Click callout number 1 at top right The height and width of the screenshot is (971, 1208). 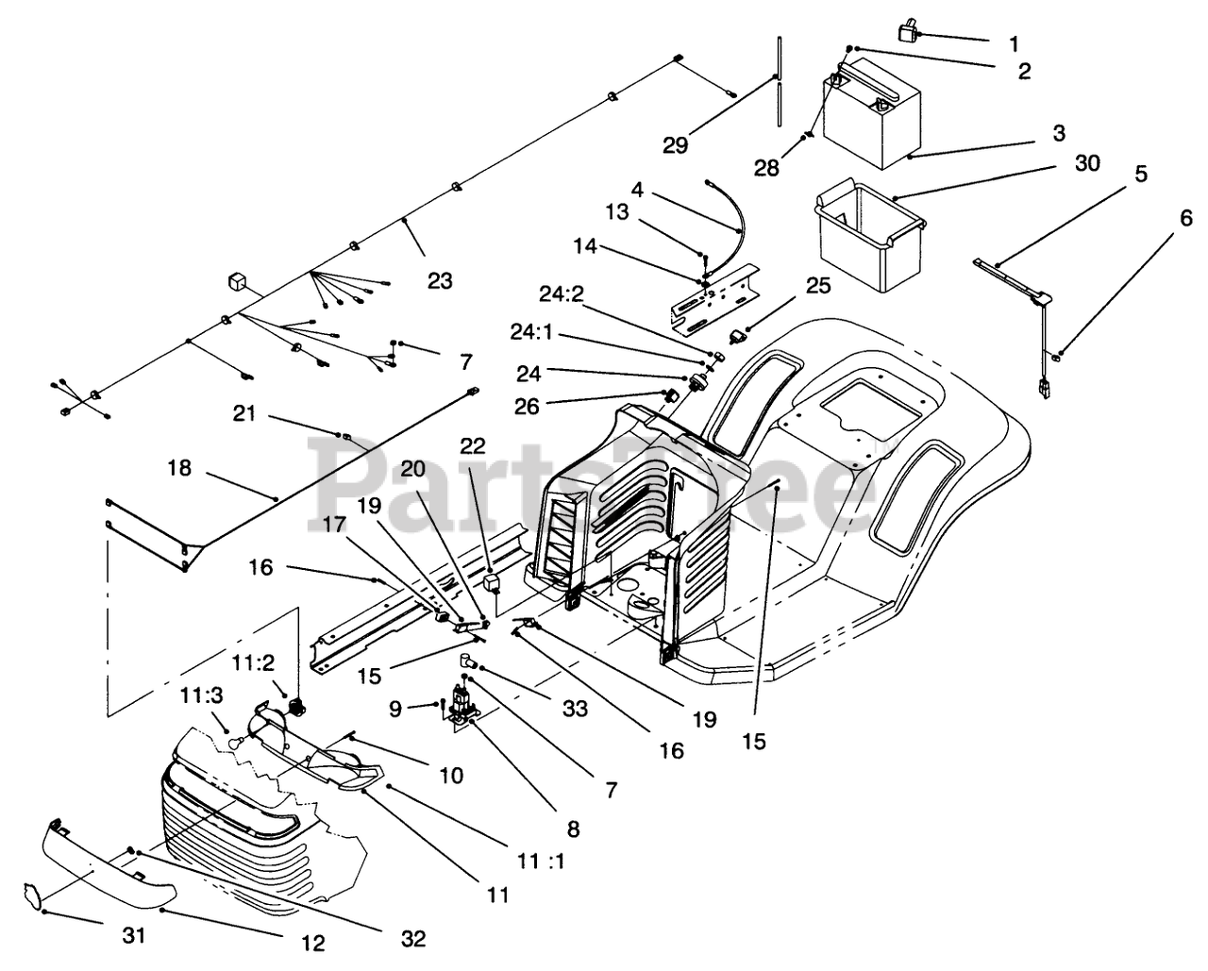tap(1014, 43)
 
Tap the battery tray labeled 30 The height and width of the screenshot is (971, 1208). tap(869, 236)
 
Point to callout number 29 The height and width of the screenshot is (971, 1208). tap(676, 145)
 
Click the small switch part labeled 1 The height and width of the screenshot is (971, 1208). tap(908, 31)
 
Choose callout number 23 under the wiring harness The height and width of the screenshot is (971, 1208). tap(440, 280)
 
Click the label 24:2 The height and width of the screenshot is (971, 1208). tap(562, 293)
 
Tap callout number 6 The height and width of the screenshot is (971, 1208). tap(1186, 218)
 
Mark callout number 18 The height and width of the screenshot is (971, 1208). tap(179, 467)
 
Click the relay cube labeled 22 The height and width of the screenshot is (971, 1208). tap(492, 582)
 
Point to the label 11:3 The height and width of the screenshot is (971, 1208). tap(202, 695)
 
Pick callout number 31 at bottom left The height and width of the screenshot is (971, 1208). tap(134, 936)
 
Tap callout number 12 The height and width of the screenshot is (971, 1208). tap(313, 943)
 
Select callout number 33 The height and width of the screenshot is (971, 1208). tap(575, 710)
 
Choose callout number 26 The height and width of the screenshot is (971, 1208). tap(527, 407)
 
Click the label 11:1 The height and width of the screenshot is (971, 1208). tap(541, 861)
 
